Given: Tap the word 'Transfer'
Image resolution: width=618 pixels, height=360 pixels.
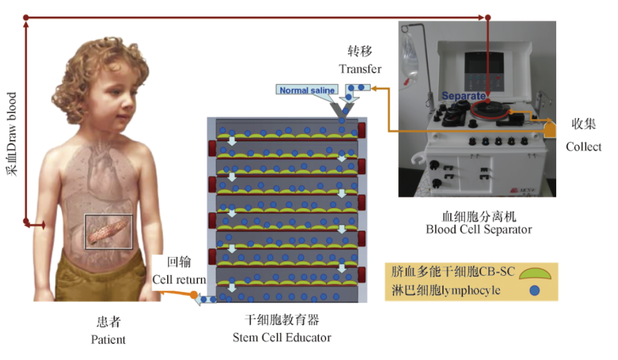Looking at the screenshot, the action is point(360,69).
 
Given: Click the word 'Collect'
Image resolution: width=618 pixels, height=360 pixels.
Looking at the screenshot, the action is point(584,147).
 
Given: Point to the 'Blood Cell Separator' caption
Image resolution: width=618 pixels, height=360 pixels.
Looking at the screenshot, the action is point(478,230).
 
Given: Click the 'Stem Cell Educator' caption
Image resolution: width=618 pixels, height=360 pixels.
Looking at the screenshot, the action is point(282,338).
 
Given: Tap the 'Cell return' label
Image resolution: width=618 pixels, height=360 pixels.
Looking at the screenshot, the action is point(179,280).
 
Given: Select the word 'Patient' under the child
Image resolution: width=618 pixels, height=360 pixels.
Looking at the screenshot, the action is point(108,339).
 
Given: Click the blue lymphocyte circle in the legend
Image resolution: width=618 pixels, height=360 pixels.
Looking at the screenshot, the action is point(534,290).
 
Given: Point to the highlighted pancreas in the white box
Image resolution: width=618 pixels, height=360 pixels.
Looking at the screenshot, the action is point(109,230).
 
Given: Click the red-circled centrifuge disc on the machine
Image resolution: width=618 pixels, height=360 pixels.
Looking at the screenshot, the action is point(488,109).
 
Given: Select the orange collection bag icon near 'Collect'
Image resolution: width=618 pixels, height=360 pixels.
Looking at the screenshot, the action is point(549,129).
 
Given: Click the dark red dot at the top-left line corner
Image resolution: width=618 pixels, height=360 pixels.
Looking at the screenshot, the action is point(26,18).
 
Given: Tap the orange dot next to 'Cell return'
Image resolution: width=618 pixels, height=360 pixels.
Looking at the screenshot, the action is point(194,296).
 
